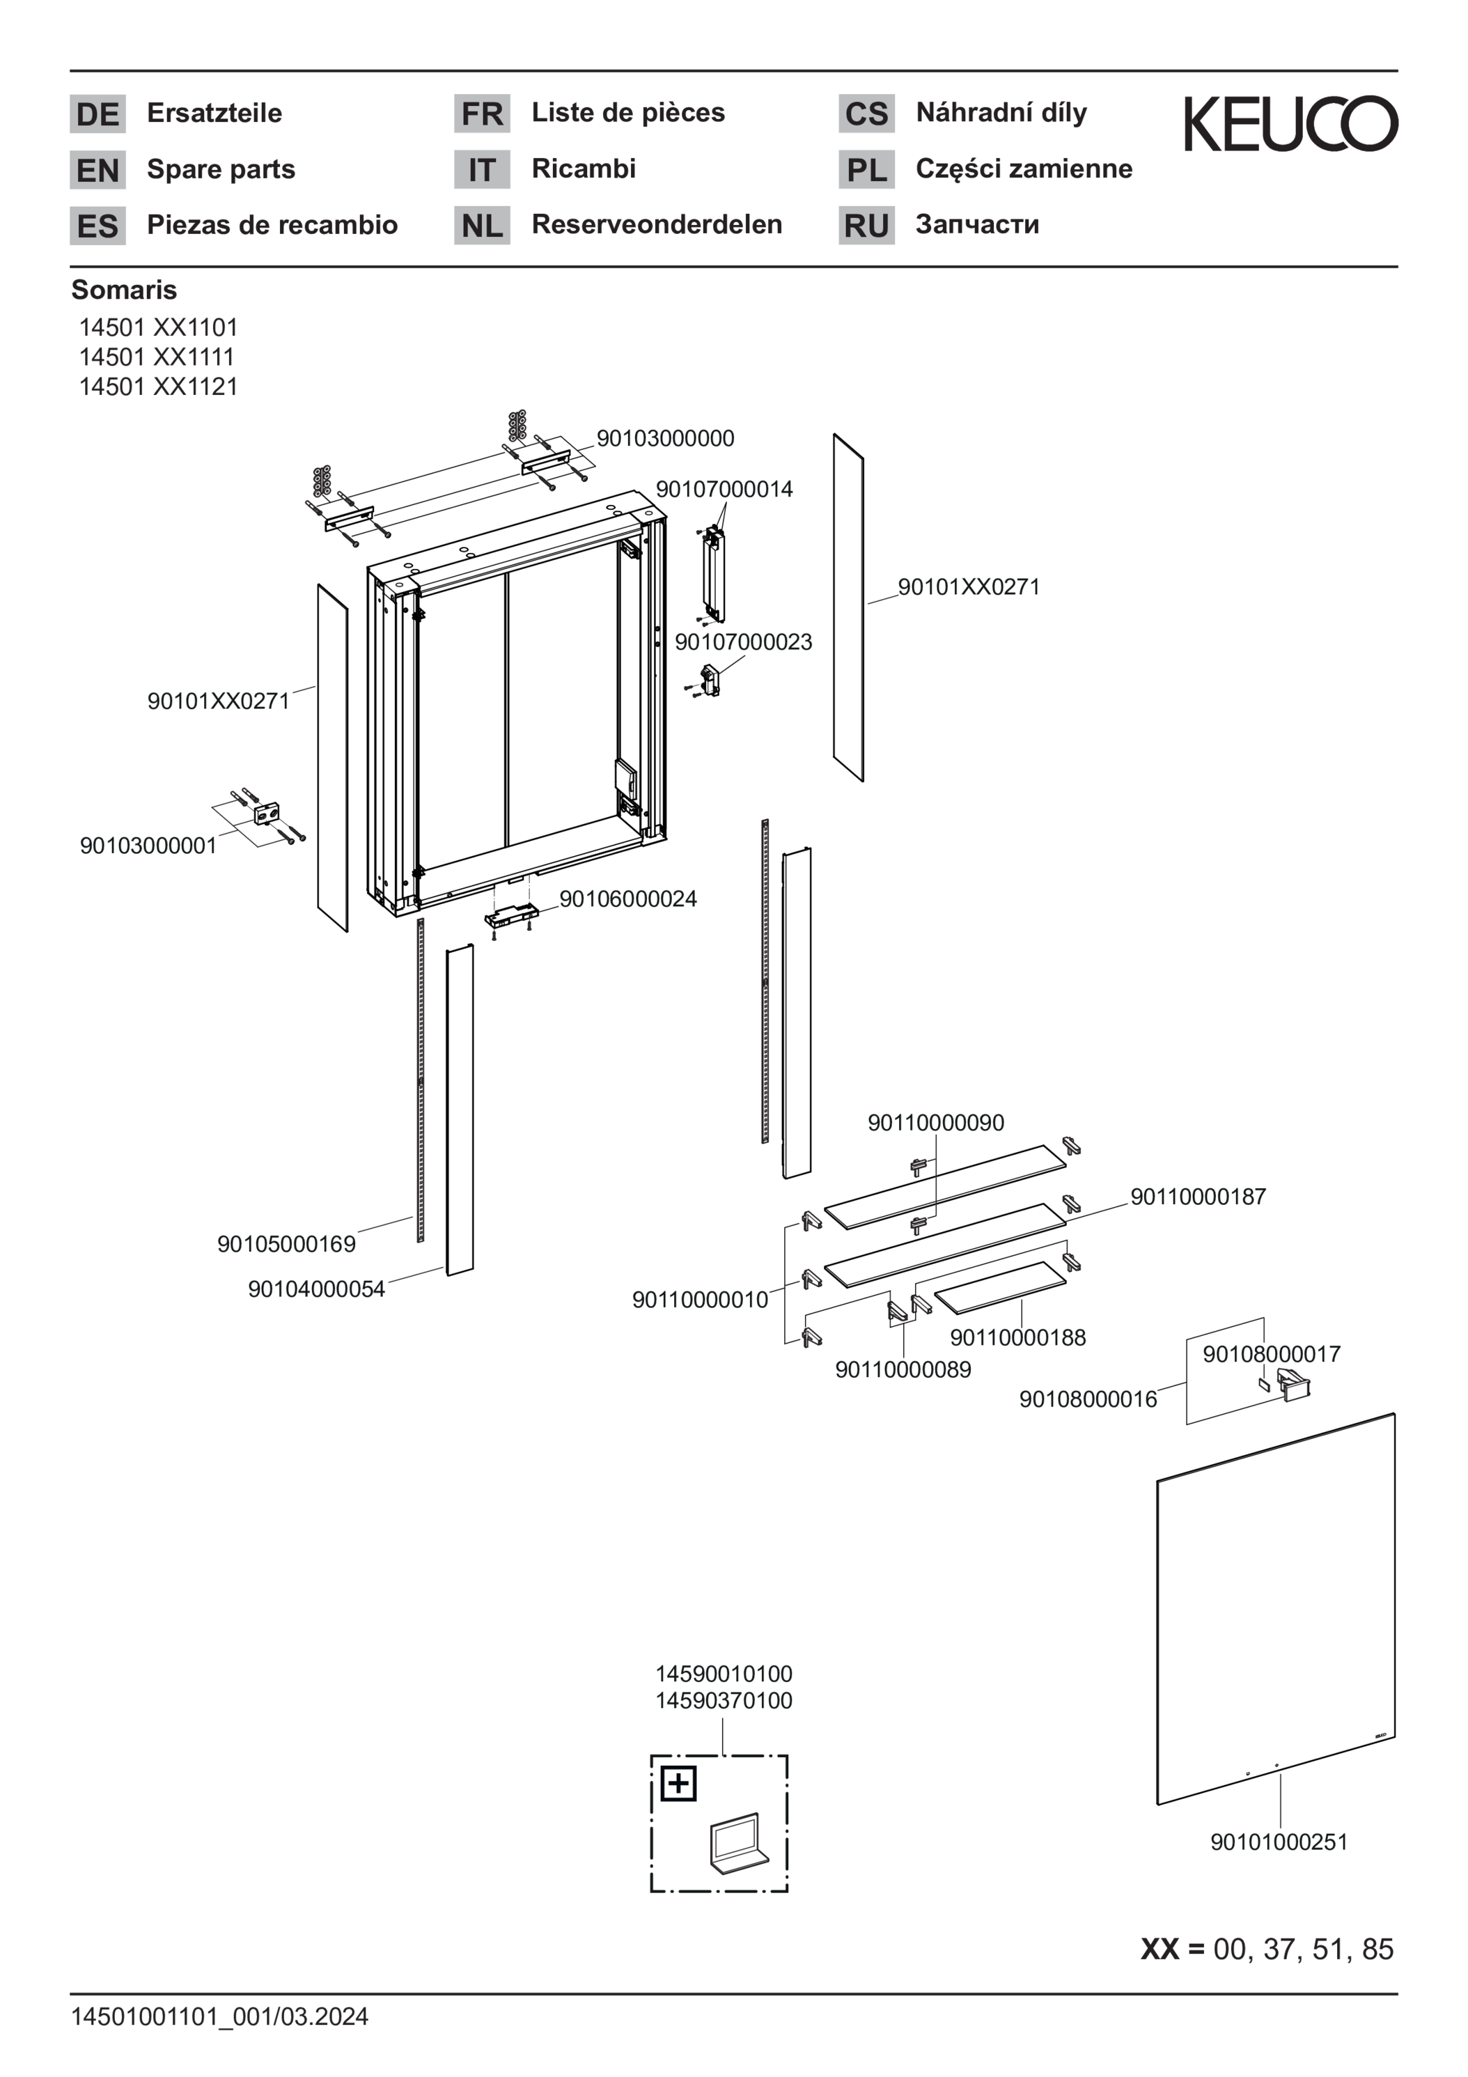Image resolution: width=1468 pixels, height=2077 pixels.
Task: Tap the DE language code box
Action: (97, 114)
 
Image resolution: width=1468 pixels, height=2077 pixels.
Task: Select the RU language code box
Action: (866, 225)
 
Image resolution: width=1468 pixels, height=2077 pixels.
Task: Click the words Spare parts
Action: (221, 169)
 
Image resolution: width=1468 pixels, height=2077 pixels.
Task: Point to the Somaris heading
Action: (124, 290)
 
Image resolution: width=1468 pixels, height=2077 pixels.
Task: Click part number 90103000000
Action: (666, 439)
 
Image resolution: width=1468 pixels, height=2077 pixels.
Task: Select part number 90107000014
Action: (724, 490)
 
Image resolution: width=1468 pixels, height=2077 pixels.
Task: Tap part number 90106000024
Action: (629, 899)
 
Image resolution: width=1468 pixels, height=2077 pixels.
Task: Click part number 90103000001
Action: (148, 846)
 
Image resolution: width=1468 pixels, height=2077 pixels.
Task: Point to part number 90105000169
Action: (287, 1244)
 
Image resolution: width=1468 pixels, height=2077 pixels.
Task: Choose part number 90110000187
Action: (1198, 1197)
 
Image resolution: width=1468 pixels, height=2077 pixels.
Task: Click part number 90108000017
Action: (1272, 1354)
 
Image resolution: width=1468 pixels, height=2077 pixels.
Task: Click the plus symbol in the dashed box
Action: (678, 1784)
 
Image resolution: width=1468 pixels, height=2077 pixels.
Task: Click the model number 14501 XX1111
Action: (157, 357)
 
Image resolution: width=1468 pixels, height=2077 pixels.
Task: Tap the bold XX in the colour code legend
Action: (1159, 1949)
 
